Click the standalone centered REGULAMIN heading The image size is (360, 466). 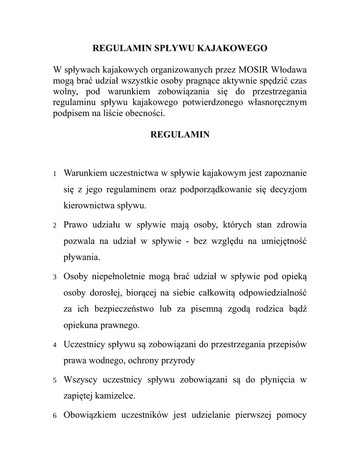coord(180,135)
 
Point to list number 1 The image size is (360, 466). coord(55,174)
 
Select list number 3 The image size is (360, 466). coord(55,277)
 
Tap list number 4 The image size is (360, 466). coord(55,345)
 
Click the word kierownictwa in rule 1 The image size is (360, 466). coord(85,206)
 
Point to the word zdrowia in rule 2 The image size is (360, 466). coord(291,225)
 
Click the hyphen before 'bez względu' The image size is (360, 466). coord(188,241)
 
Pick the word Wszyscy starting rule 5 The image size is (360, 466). coord(81,380)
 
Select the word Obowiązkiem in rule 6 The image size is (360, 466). coord(91,415)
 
